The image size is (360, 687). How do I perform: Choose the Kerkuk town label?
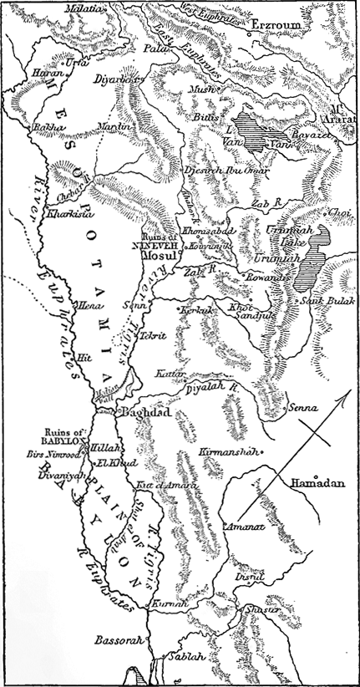(x=197, y=310)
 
